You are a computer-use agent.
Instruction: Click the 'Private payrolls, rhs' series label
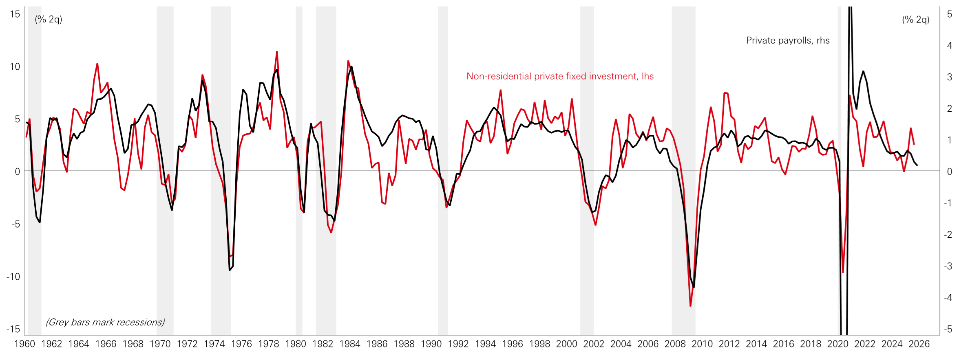[788, 40]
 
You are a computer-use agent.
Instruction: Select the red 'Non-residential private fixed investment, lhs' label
[560, 76]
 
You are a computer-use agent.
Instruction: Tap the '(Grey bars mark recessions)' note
[105, 322]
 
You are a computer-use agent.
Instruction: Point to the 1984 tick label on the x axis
[350, 344]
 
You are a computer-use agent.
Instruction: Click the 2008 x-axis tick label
[675, 344]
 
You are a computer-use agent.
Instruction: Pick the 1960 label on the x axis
[24, 344]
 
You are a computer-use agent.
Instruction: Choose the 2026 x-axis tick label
[919, 344]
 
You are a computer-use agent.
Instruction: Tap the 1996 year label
[513, 344]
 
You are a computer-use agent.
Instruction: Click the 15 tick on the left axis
[15, 14]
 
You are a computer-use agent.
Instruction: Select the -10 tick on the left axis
[13, 277]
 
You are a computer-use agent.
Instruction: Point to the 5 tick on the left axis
[17, 119]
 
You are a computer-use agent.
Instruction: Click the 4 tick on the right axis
[950, 46]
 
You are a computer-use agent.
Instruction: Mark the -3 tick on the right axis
[948, 266]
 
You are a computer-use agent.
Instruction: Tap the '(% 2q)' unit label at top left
[49, 19]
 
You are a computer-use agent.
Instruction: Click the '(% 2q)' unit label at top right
[916, 20]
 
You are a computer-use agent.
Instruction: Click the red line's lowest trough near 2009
[690, 305]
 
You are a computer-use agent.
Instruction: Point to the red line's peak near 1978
[277, 52]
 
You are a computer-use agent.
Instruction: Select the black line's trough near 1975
[230, 270]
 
